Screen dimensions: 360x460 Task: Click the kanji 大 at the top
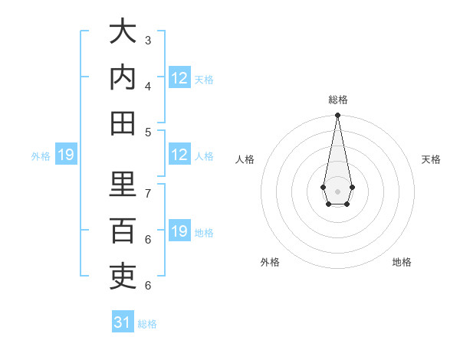pyautogui.click(x=123, y=32)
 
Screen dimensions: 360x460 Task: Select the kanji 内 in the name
pyautogui.click(x=123, y=77)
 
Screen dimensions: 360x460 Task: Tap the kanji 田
pyautogui.click(x=123, y=123)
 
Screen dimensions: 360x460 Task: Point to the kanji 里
pyautogui.click(x=123, y=184)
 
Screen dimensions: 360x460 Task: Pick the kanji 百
pyautogui.click(x=123, y=230)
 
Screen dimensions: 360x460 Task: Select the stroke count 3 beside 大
pyautogui.click(x=148, y=40)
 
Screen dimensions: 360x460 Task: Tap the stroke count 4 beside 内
pyautogui.click(x=148, y=86)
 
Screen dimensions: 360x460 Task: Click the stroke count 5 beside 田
pyautogui.click(x=148, y=132)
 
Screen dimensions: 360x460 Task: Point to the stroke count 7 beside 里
pyautogui.click(x=148, y=193)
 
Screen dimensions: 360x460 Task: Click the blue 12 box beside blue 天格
pyautogui.click(x=179, y=78)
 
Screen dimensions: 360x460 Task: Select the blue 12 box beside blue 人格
pyautogui.click(x=179, y=155)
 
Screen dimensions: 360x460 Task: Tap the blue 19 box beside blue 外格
pyautogui.click(x=65, y=155)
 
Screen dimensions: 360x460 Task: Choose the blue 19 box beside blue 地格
pyautogui.click(x=179, y=231)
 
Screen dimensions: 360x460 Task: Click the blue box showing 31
pyautogui.click(x=123, y=322)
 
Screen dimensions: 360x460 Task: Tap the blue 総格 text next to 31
pyautogui.click(x=147, y=324)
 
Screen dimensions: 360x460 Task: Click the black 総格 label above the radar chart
pyautogui.click(x=337, y=100)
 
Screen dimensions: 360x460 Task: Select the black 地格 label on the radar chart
pyautogui.click(x=402, y=262)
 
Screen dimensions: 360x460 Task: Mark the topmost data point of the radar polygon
pyautogui.click(x=337, y=116)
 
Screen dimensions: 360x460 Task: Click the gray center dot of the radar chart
pyautogui.click(x=337, y=190)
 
